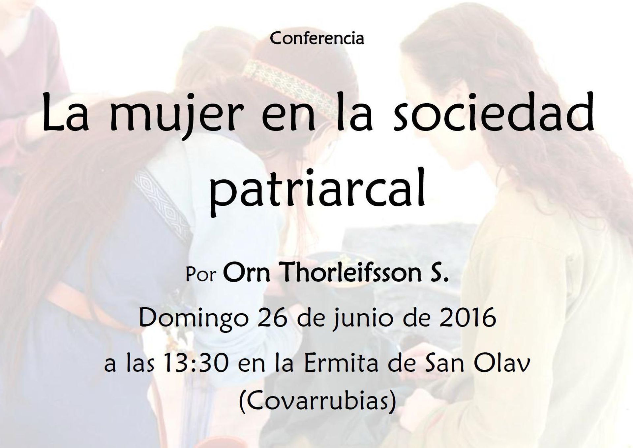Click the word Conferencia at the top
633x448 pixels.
(x=317, y=39)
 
